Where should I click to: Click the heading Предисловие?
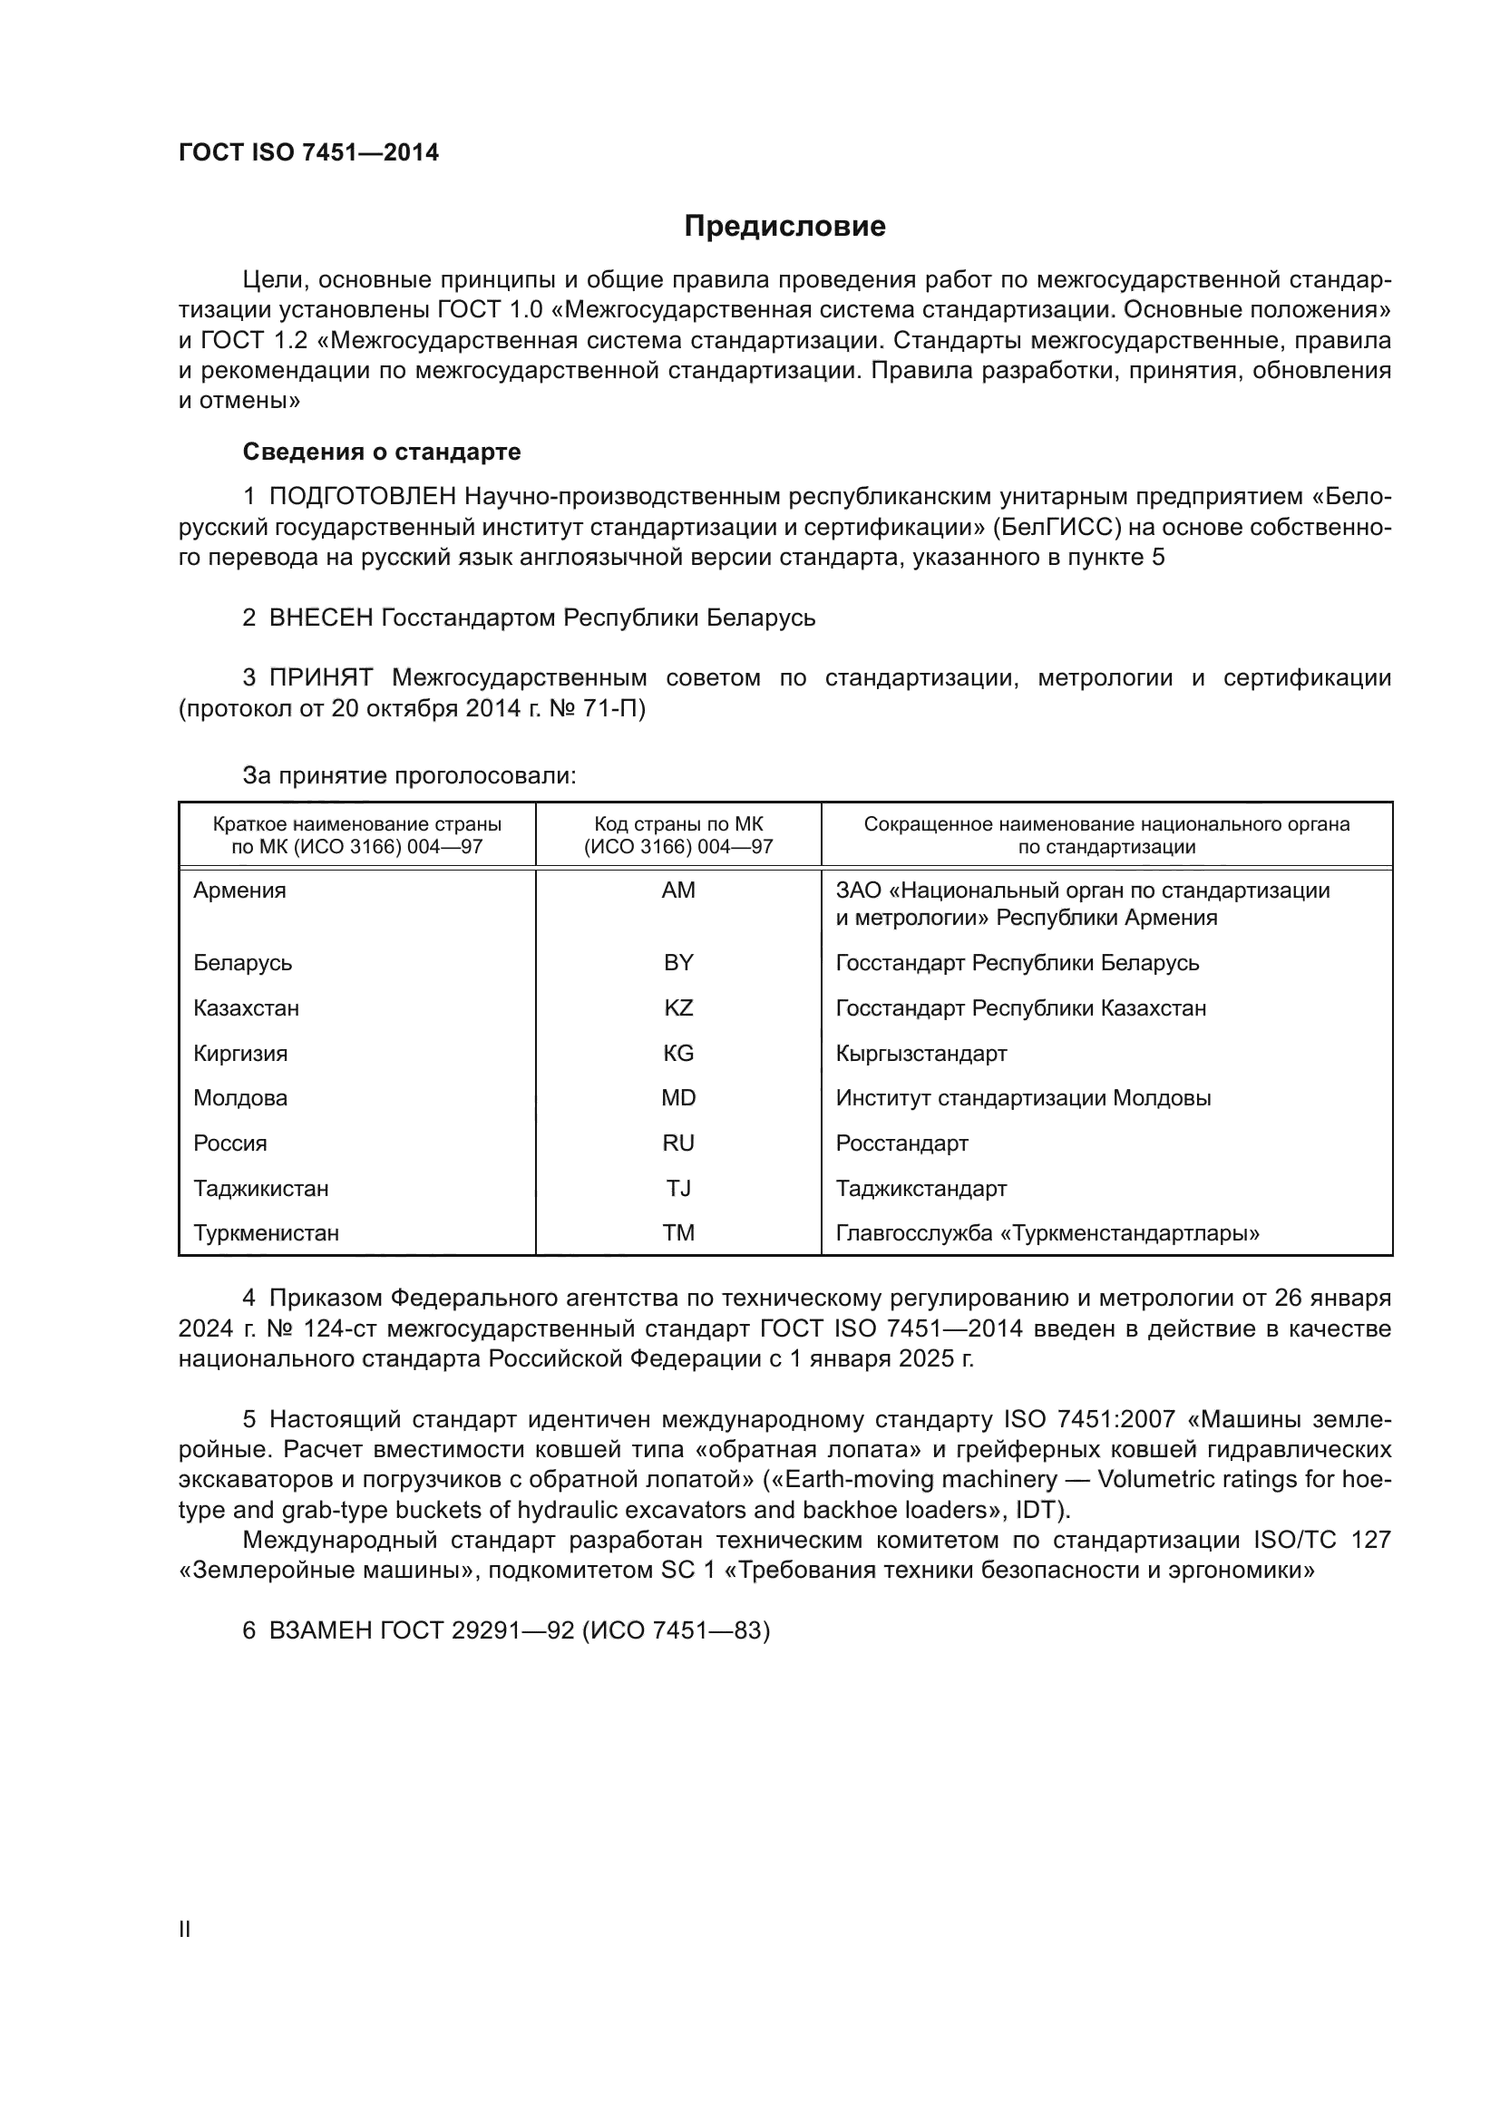pos(784,227)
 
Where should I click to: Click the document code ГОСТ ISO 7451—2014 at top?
pos(308,153)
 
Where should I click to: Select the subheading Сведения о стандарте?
pos(382,452)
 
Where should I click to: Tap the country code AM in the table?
pos(678,890)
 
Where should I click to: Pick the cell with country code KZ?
pos(678,1007)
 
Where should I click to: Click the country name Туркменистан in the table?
pos(266,1233)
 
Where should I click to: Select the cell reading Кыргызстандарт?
pos(920,1053)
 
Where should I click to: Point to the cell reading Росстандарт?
pos(901,1143)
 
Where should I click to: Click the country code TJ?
pos(678,1188)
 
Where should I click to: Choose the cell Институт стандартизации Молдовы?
pos(1022,1098)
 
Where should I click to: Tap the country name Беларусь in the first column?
pos(242,963)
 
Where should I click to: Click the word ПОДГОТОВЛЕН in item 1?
pos(363,497)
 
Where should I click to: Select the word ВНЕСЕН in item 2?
pos(320,618)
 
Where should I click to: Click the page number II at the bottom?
pos(185,1929)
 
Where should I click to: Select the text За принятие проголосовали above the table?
pos(408,775)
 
